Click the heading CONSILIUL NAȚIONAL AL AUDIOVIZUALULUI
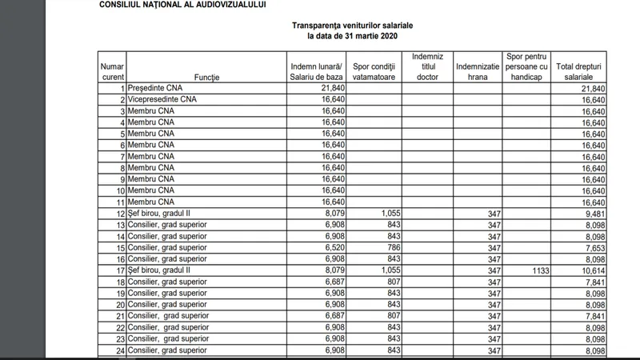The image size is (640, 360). (182, 5)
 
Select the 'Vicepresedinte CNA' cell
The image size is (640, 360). (163, 98)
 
